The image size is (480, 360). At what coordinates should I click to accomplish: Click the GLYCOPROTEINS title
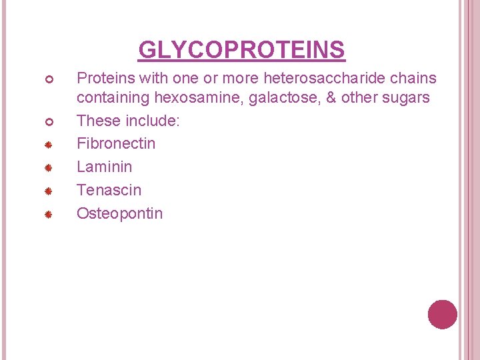(241, 50)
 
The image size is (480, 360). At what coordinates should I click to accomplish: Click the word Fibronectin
(116, 143)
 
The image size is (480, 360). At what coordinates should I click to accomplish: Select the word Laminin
(105, 167)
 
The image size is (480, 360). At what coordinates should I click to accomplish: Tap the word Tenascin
(109, 190)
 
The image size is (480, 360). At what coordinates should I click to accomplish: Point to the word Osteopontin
(120, 213)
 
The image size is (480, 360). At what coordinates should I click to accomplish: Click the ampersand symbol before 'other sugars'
(329, 98)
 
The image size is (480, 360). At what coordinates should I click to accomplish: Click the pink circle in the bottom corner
(442, 315)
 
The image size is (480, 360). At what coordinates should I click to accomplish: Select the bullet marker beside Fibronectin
(49, 144)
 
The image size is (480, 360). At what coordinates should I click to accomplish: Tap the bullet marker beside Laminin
(49, 167)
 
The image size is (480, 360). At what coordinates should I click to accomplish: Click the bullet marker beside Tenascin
(49, 191)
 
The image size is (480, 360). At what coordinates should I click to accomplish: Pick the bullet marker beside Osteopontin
(49, 214)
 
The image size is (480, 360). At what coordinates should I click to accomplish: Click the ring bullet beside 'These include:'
(49, 121)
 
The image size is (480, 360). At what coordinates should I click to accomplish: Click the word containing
(113, 98)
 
